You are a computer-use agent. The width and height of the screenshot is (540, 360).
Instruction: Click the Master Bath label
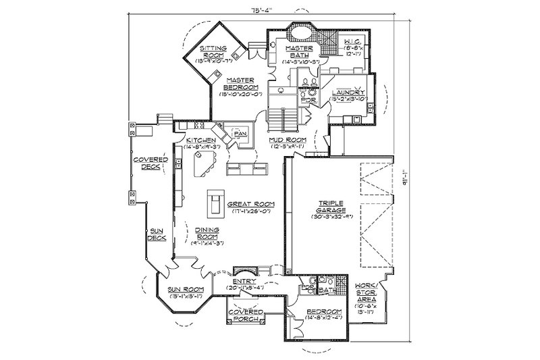[296, 54]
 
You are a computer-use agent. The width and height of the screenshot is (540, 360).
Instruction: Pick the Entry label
[243, 281]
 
